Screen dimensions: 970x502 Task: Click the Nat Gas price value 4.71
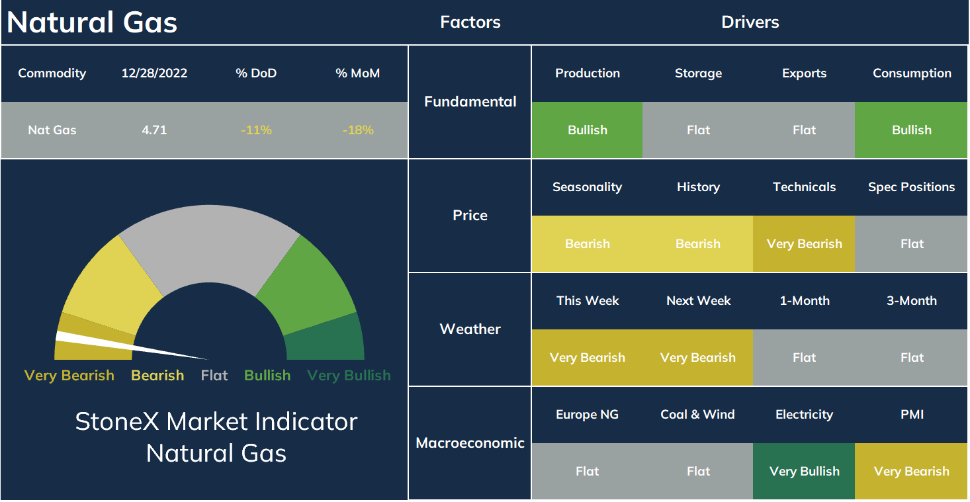[x=154, y=130]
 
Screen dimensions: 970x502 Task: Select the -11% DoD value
[x=256, y=130]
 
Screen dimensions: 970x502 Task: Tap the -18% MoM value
[x=358, y=130]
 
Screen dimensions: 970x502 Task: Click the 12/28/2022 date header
[x=154, y=73]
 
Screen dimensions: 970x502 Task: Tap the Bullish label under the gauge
[x=267, y=375]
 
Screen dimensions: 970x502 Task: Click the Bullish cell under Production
[x=587, y=130]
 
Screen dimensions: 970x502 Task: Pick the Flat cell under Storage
[x=698, y=130]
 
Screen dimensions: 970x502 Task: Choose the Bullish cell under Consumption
[x=911, y=130]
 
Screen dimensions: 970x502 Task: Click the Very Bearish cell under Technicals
[x=804, y=243]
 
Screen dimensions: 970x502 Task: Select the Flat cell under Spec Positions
[x=911, y=243]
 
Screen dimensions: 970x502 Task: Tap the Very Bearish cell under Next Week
[x=698, y=357]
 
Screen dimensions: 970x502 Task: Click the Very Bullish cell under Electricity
[x=804, y=472]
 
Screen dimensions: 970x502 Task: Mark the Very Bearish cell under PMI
[x=911, y=472]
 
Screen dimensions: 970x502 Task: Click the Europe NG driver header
[x=587, y=415]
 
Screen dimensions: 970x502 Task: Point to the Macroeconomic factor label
[x=470, y=442]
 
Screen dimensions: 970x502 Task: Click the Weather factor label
[x=470, y=329]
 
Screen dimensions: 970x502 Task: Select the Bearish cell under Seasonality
[x=587, y=243]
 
